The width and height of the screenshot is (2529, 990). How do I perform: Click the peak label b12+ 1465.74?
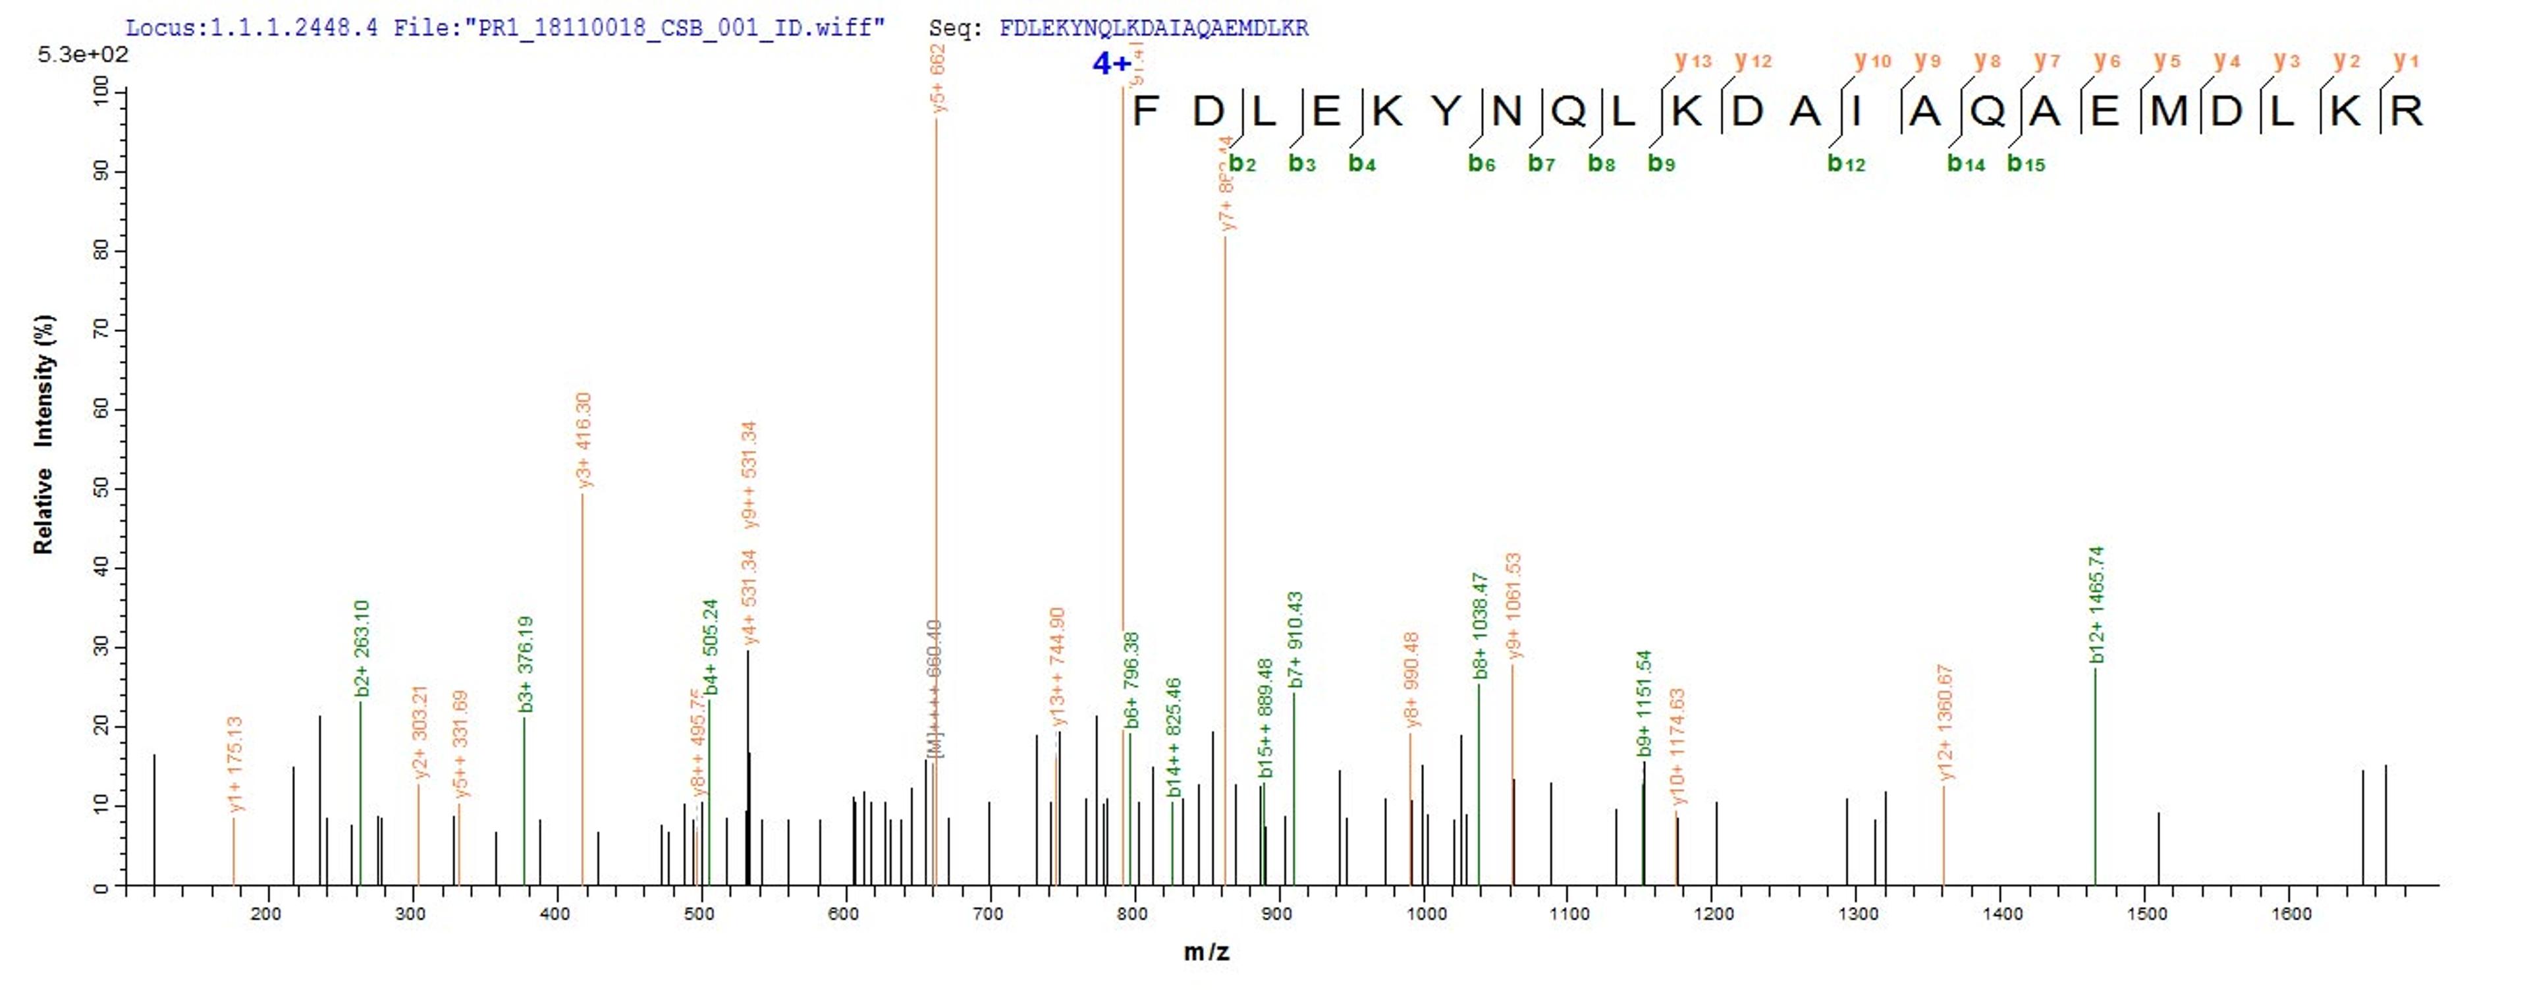click(x=2097, y=604)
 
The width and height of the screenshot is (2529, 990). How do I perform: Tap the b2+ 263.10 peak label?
click(x=362, y=648)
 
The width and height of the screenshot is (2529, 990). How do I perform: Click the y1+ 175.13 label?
click(x=234, y=763)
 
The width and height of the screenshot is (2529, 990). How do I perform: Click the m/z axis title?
click(x=1206, y=952)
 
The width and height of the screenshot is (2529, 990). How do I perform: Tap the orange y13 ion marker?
click(x=1693, y=61)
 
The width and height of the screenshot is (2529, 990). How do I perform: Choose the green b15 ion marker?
click(x=2025, y=164)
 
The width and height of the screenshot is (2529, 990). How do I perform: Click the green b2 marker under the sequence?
click(x=1242, y=164)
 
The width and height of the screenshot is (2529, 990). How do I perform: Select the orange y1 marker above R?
click(x=2405, y=61)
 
